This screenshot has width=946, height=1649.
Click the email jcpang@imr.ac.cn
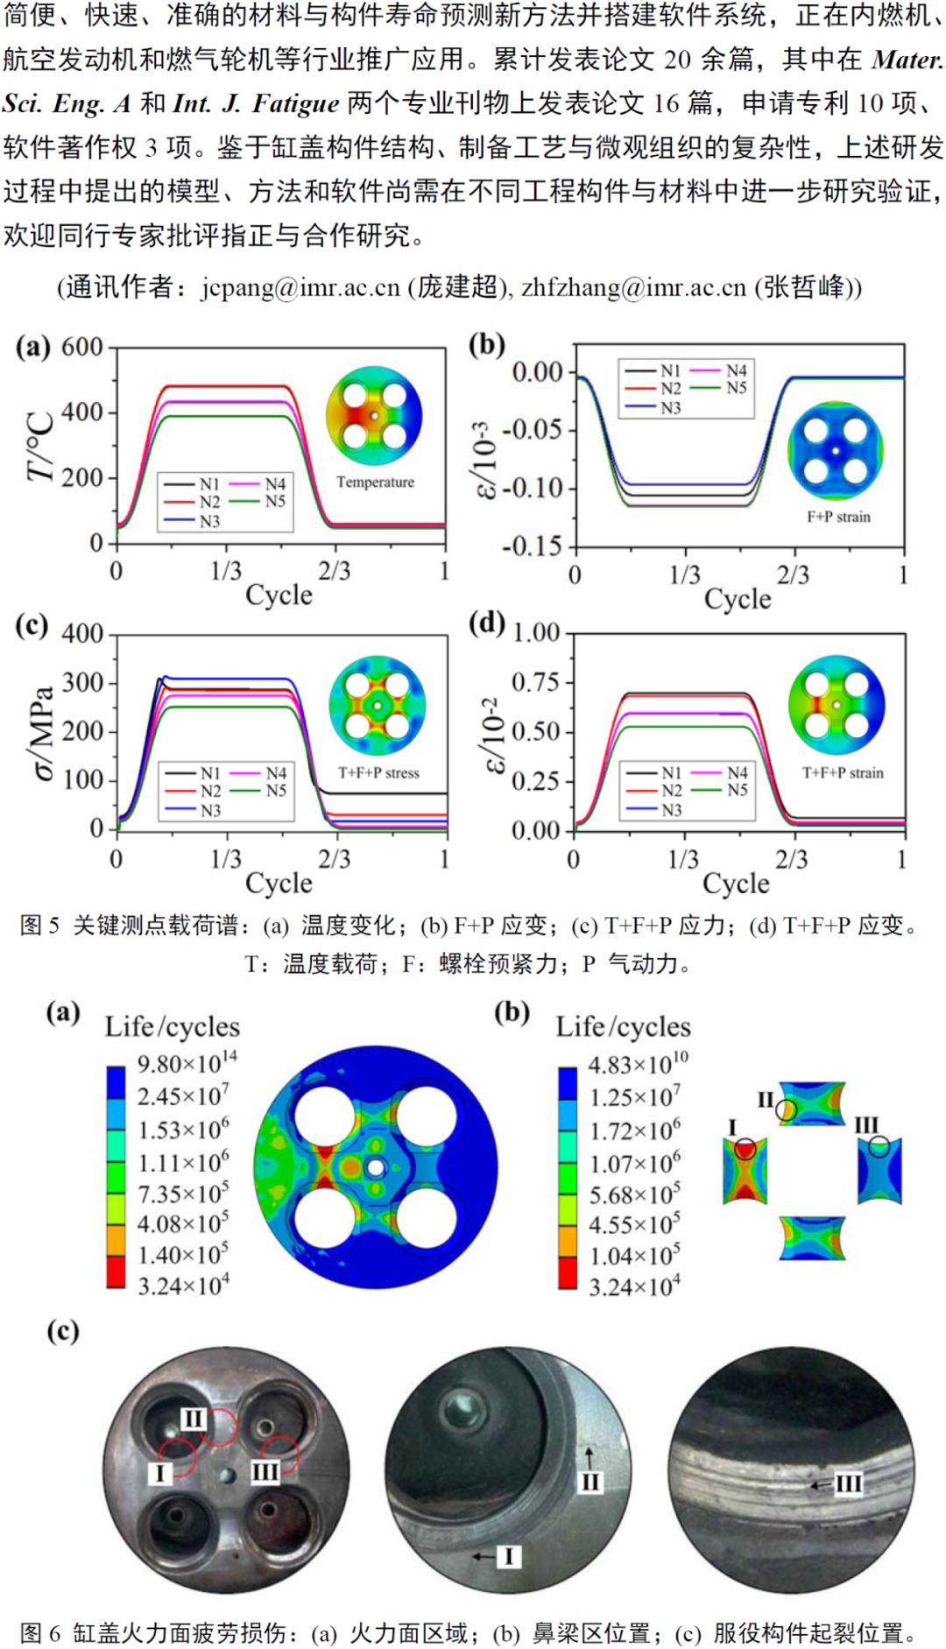tap(300, 287)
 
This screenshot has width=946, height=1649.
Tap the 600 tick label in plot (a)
tap(82, 347)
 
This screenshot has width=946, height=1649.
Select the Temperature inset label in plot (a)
tap(375, 482)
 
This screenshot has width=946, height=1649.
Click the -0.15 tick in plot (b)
tap(531, 546)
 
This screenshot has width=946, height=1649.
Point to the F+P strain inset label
tap(838, 517)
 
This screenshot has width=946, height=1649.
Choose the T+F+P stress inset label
tap(378, 772)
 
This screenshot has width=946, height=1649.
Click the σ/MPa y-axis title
tap(42, 732)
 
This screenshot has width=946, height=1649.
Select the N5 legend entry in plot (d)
tap(738, 790)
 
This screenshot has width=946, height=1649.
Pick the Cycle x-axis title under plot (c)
tap(279, 883)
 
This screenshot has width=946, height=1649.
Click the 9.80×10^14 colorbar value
tap(187, 1062)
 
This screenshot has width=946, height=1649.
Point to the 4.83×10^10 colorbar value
tap(637, 1063)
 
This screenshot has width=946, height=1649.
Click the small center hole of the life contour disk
tap(375, 1167)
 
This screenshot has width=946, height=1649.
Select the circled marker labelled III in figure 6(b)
tap(879, 1145)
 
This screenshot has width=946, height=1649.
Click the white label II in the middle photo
tap(590, 1482)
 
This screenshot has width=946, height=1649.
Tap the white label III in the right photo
tap(847, 1483)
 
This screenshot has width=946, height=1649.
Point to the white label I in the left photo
tap(159, 1473)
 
